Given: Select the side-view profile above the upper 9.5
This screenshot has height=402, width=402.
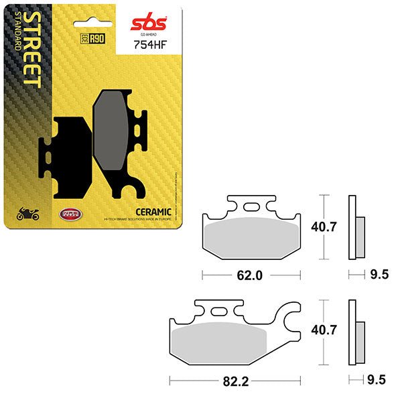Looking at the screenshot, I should (x=355, y=228).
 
